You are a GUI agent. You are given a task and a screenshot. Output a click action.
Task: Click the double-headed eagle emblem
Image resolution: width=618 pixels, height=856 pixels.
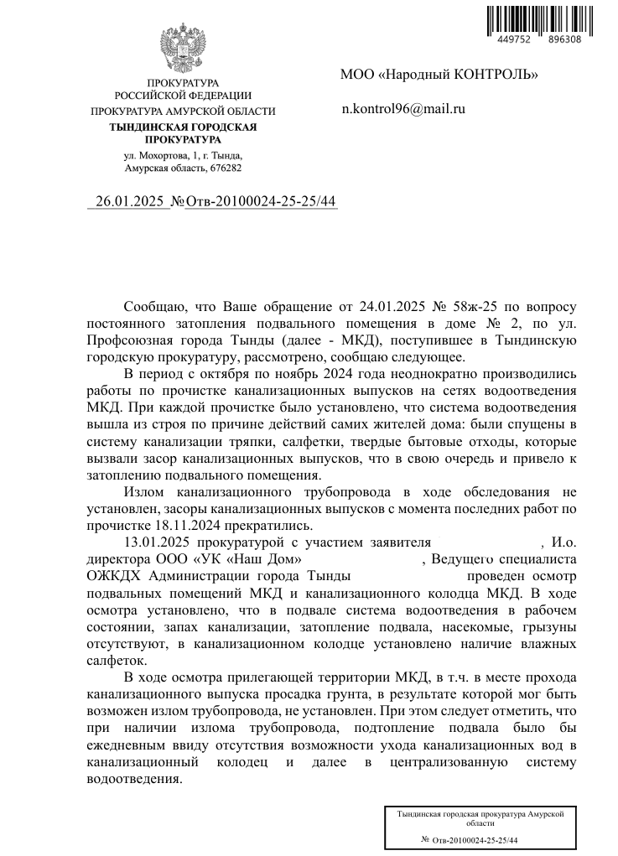click(183, 50)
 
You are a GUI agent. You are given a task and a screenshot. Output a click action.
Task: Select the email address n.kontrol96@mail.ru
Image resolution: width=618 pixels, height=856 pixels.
click(402, 108)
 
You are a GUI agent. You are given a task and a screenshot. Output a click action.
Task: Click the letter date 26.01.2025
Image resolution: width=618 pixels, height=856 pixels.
click(131, 201)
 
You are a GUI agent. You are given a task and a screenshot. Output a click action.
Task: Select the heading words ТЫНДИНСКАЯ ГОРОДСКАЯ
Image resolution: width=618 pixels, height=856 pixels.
click(183, 127)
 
